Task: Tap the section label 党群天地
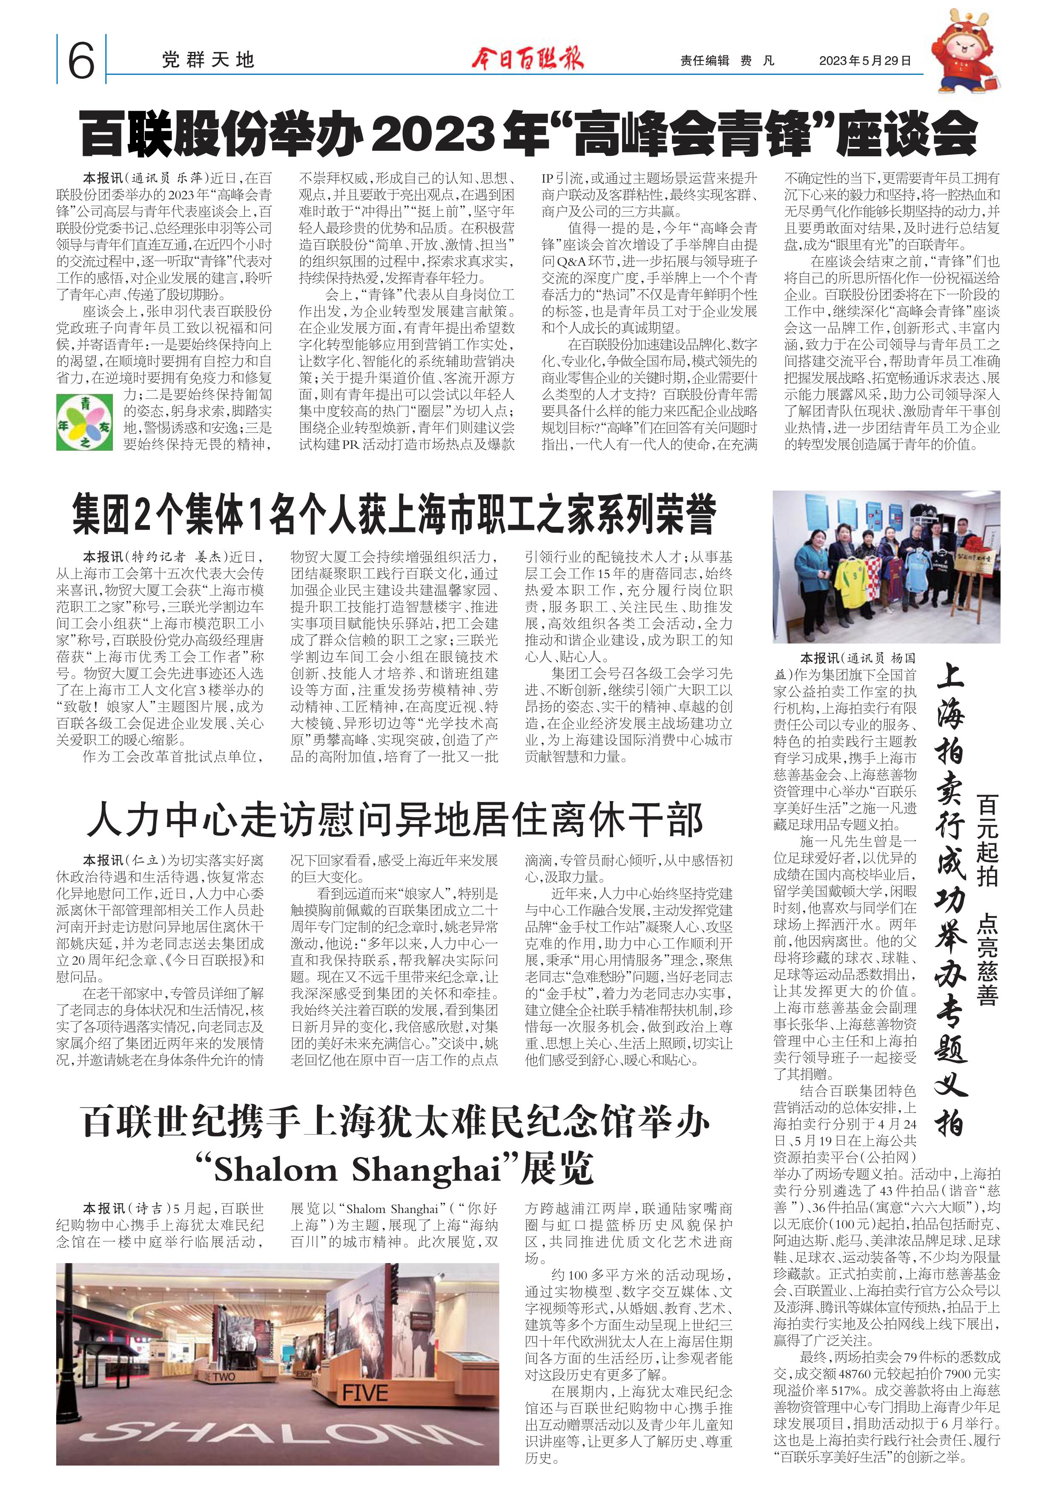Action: tap(207, 60)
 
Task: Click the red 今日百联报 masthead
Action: tap(528, 59)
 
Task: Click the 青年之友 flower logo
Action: tap(85, 422)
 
